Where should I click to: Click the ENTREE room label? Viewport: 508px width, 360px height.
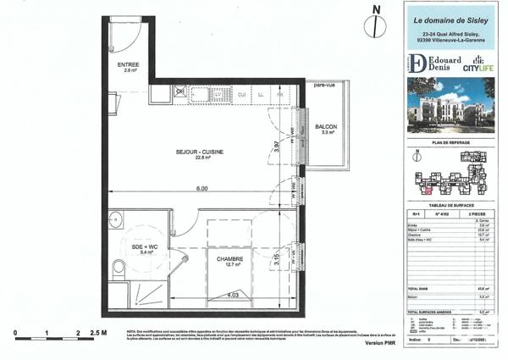pyautogui.click(x=129, y=64)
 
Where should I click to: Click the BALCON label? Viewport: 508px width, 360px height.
pyautogui.click(x=328, y=128)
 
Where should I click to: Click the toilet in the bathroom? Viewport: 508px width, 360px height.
pyautogui.click(x=119, y=269)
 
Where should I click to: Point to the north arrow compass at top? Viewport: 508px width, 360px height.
pyautogui.click(x=370, y=22)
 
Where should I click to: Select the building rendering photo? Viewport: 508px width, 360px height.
pyautogui.click(x=446, y=107)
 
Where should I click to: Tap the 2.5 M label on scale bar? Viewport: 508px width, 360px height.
pyautogui.click(x=97, y=333)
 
